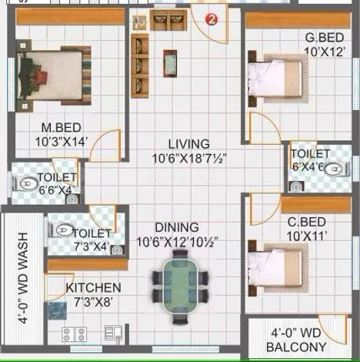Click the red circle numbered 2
coord(212,19)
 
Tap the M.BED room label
coord(62,128)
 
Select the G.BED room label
coord(325,38)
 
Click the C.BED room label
coord(307,222)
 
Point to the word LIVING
coord(189,144)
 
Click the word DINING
coord(177,227)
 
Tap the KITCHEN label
coord(93,288)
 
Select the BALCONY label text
coord(296,347)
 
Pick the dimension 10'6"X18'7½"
coord(189,159)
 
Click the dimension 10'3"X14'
coord(62,142)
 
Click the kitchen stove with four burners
coord(75,334)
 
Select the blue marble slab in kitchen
coord(58,310)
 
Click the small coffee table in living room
coord(170,63)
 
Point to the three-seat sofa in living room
coord(140,65)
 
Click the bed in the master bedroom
coord(53,75)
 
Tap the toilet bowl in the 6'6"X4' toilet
coord(26,183)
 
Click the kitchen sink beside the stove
coord(113,333)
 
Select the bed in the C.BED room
coord(278,268)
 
